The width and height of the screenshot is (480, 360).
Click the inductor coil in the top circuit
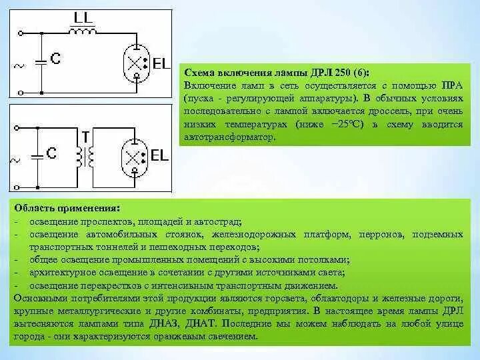(x=82, y=30)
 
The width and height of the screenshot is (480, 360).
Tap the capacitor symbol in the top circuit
(x=41, y=59)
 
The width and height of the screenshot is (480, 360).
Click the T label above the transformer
(x=85, y=136)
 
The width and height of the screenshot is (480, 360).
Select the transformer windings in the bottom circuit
(x=85, y=157)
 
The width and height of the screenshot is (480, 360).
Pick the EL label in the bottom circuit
(x=159, y=156)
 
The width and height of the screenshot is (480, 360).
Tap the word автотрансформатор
(x=227, y=136)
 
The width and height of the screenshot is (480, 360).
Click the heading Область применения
(x=67, y=208)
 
